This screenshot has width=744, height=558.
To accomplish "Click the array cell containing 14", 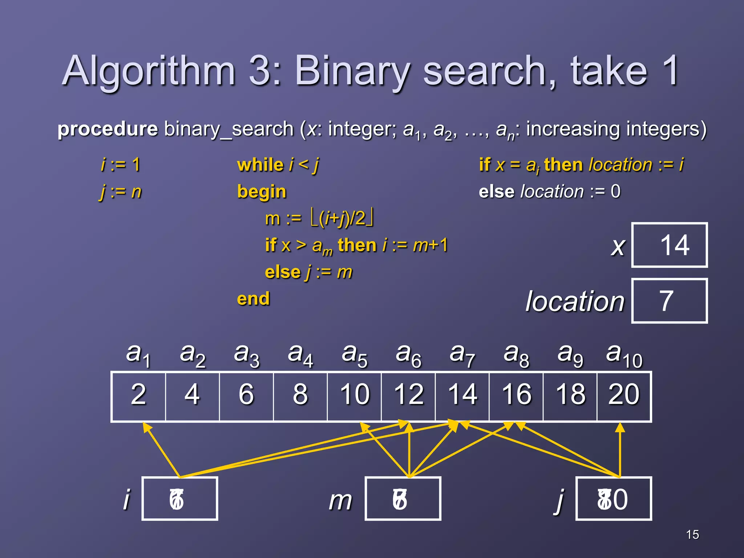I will pos(462,395).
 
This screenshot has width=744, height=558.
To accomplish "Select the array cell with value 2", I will pos(138,395).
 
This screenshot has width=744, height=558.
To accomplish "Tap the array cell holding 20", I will pos(624,395).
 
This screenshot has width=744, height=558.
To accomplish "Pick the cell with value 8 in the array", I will pos(300,395).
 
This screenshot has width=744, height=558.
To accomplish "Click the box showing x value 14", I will pos(669,245).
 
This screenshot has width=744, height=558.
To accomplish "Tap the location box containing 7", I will pos(669,301).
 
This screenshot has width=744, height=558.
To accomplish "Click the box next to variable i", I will pos(179,498).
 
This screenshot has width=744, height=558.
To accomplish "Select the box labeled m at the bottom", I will pos(403,498).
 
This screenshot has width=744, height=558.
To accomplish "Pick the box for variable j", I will pos(613,498).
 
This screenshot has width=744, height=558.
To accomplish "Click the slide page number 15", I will pos(692,534).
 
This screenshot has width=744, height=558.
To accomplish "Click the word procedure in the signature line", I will pos(108,129).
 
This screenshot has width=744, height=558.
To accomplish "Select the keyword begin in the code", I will pos(262,191).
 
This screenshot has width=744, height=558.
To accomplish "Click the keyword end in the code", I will pos(253,299).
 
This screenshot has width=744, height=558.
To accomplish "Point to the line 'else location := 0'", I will pos(549,191).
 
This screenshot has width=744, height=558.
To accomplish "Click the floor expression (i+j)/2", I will pos(342,218).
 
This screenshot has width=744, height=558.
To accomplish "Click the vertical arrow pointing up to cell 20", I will pos(620,450).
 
